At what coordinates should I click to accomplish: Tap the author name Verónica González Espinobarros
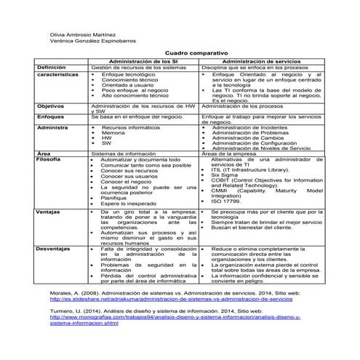92,43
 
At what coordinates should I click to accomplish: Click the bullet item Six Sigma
225,175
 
